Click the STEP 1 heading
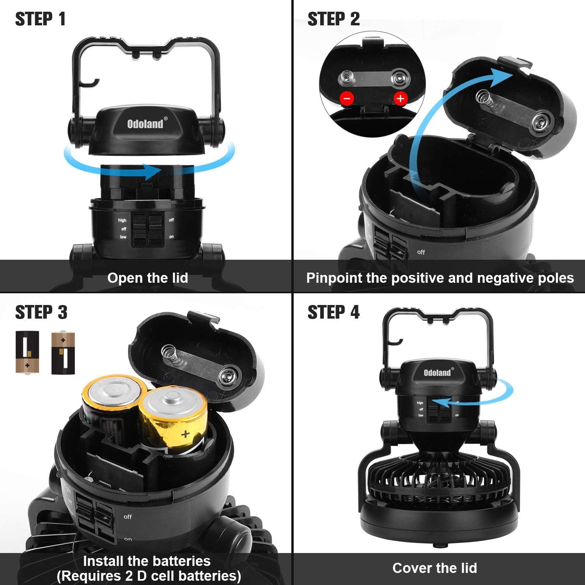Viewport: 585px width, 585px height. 40,19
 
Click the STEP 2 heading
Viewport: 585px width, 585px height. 333,19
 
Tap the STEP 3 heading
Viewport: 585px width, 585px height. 41,312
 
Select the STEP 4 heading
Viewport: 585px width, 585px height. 333,312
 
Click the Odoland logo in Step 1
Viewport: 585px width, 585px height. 145,124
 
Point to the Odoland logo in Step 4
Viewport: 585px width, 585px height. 438,372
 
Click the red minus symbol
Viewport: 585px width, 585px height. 347,98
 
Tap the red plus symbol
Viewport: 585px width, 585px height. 401,98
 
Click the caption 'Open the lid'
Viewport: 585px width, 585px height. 147,278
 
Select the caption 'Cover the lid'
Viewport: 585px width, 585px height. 434,568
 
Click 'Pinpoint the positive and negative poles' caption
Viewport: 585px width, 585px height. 440,278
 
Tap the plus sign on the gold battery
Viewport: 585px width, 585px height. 186,434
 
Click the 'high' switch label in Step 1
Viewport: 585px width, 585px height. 122,220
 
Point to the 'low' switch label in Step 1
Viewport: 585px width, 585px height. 123,237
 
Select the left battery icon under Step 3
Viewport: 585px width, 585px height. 27,352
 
